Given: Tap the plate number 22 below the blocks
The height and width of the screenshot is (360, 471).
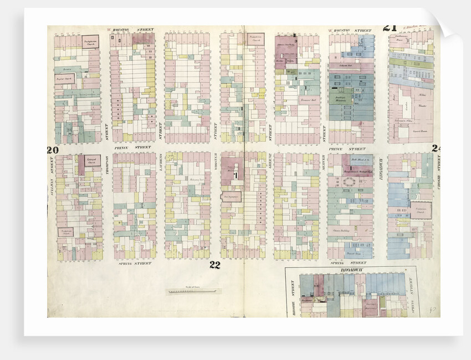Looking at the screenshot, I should tap(215, 265).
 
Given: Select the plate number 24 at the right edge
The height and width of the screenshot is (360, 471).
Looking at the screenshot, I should tap(436, 148).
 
